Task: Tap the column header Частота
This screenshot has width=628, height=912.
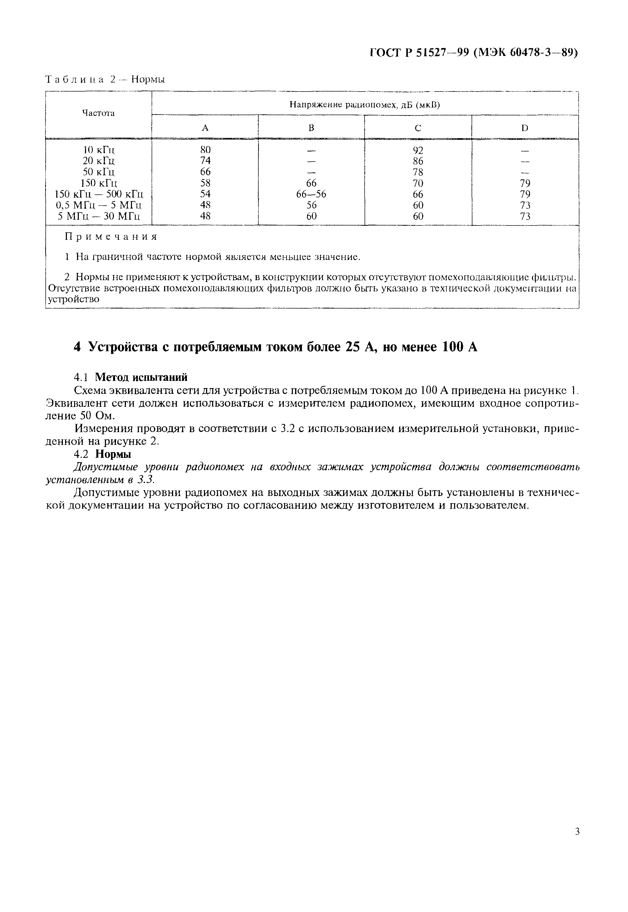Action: click(98, 114)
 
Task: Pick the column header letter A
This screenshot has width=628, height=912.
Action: click(205, 128)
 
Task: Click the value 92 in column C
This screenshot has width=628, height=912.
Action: click(418, 150)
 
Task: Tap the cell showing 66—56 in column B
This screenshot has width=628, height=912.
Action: click(311, 194)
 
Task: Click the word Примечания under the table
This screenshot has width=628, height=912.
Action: click(110, 237)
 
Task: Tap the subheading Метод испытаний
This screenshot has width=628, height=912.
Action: click(142, 377)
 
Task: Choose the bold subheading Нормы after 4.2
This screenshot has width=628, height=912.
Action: click(113, 454)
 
